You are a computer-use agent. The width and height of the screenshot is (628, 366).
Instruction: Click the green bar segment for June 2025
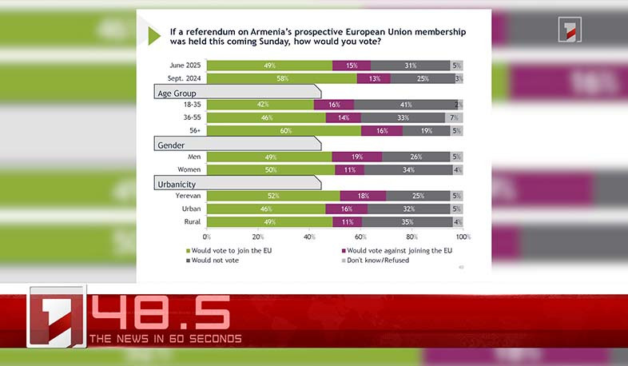click(269, 66)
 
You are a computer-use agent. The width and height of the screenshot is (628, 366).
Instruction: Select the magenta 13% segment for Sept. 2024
click(373, 78)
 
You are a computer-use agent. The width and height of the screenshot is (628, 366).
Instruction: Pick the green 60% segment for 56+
click(284, 130)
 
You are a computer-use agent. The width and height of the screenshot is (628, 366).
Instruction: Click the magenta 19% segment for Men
click(357, 157)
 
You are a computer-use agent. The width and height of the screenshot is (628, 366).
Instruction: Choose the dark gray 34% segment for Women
click(407, 169)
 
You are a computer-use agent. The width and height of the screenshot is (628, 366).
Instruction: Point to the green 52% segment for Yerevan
click(273, 196)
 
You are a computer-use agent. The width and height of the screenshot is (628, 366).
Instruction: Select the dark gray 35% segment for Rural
click(407, 221)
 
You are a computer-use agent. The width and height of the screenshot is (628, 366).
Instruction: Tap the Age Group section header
click(236, 92)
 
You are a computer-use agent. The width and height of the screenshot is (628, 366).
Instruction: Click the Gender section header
click(236, 144)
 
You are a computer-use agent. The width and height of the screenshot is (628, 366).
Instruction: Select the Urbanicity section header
click(236, 184)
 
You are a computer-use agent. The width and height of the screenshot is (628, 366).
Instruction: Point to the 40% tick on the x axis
click(309, 237)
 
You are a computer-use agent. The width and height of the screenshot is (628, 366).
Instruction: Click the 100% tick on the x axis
click(463, 237)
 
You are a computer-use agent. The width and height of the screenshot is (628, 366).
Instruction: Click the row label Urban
click(191, 209)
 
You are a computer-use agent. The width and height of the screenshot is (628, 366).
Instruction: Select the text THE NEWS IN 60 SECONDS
click(165, 339)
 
